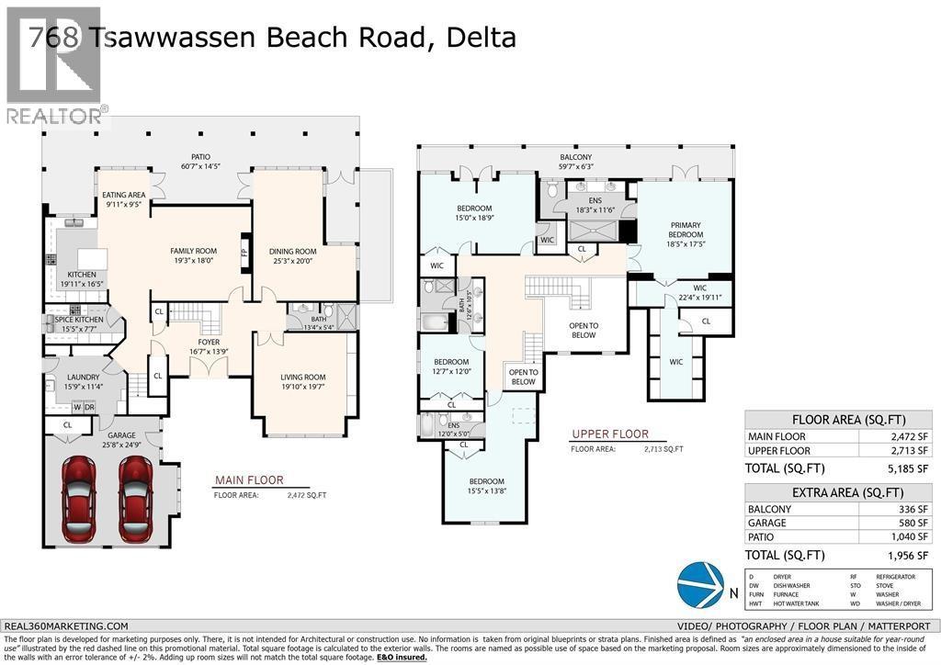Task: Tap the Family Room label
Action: coord(193,255)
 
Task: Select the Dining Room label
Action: coord(292,255)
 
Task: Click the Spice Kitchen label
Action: coord(79,323)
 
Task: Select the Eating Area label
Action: coord(124,199)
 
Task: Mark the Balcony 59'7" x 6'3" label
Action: coord(576,162)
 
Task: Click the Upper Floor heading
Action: coord(609,434)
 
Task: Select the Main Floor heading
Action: coord(249,479)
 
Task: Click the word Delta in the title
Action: coord(482,37)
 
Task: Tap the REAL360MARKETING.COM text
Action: coord(66,625)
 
